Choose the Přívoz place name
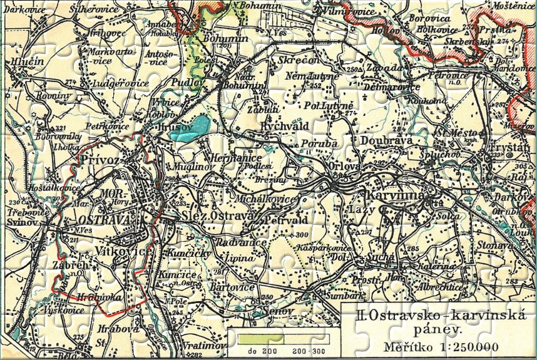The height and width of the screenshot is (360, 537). [105, 160]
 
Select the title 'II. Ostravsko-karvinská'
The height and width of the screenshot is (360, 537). [437, 317]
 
